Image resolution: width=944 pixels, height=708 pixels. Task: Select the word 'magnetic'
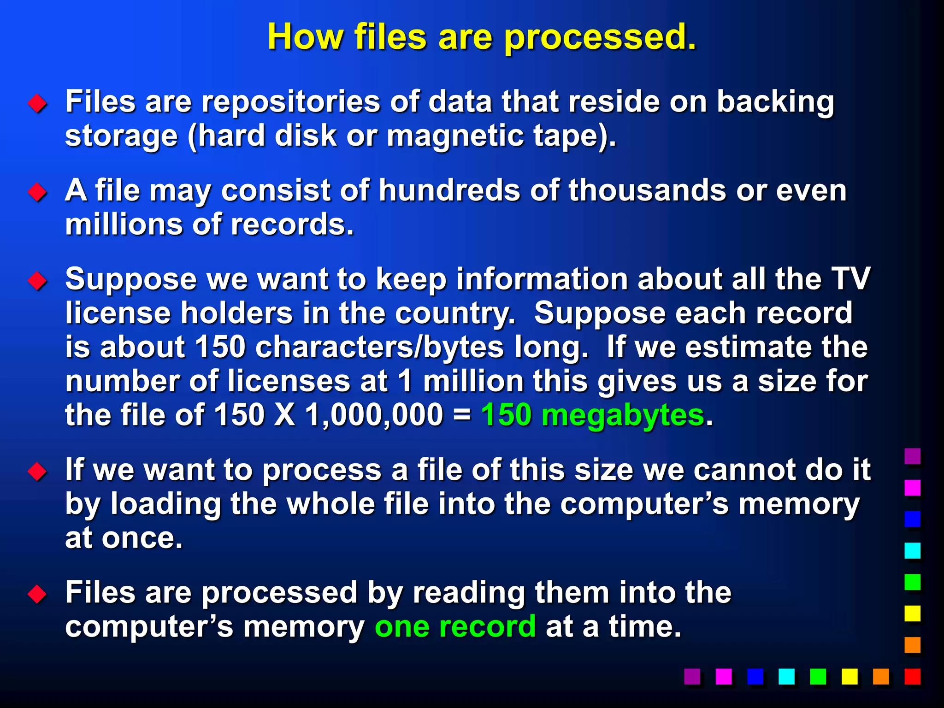coord(454,136)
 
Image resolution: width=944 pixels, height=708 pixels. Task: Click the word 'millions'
coord(124,224)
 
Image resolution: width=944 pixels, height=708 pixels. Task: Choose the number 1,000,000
coord(374,415)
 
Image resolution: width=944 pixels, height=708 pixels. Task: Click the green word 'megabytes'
coord(623,415)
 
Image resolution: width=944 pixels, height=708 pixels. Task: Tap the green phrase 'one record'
coord(455,626)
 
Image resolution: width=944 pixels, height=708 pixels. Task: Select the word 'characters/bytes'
coord(379,347)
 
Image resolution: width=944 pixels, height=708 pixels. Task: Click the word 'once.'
coord(142,538)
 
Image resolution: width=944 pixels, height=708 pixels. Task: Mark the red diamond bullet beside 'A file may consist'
coord(37,192)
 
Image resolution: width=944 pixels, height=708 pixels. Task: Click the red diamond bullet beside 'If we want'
coord(37,472)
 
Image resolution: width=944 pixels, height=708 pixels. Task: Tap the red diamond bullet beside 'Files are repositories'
coord(37,104)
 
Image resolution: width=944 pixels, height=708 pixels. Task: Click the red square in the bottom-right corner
coord(912,676)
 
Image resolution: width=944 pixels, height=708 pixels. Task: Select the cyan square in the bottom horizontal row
coord(786,676)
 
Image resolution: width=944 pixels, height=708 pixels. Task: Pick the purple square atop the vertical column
coord(912,456)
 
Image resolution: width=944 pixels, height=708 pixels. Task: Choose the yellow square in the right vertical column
coord(912,614)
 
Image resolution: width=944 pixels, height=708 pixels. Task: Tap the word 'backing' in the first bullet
coord(775,101)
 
